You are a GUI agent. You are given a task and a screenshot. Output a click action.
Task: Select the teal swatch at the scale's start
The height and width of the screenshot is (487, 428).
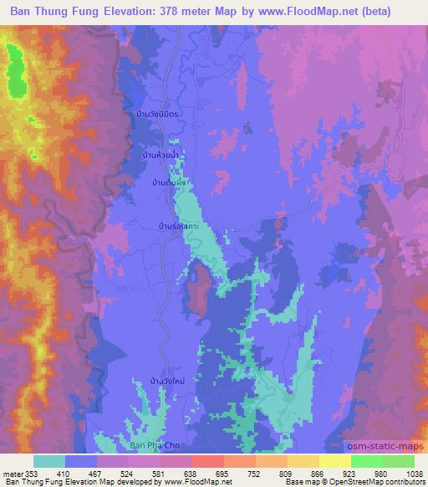coord(49,461)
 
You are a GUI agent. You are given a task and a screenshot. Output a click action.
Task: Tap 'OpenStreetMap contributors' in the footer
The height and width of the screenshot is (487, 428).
coord(377,483)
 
